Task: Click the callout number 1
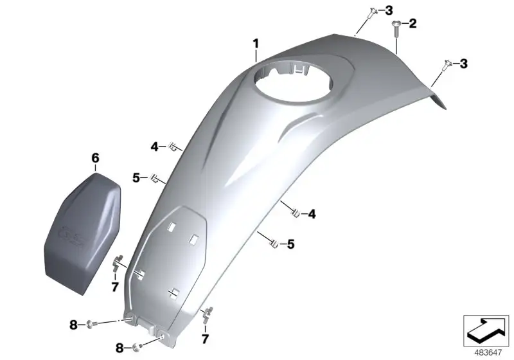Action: point(256,44)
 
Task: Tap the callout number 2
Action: point(412,24)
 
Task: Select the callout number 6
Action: point(95,158)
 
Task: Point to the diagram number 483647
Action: point(488,353)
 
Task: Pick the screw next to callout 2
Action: point(396,30)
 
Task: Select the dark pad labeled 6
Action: point(83,233)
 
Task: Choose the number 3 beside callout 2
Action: point(389,10)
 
